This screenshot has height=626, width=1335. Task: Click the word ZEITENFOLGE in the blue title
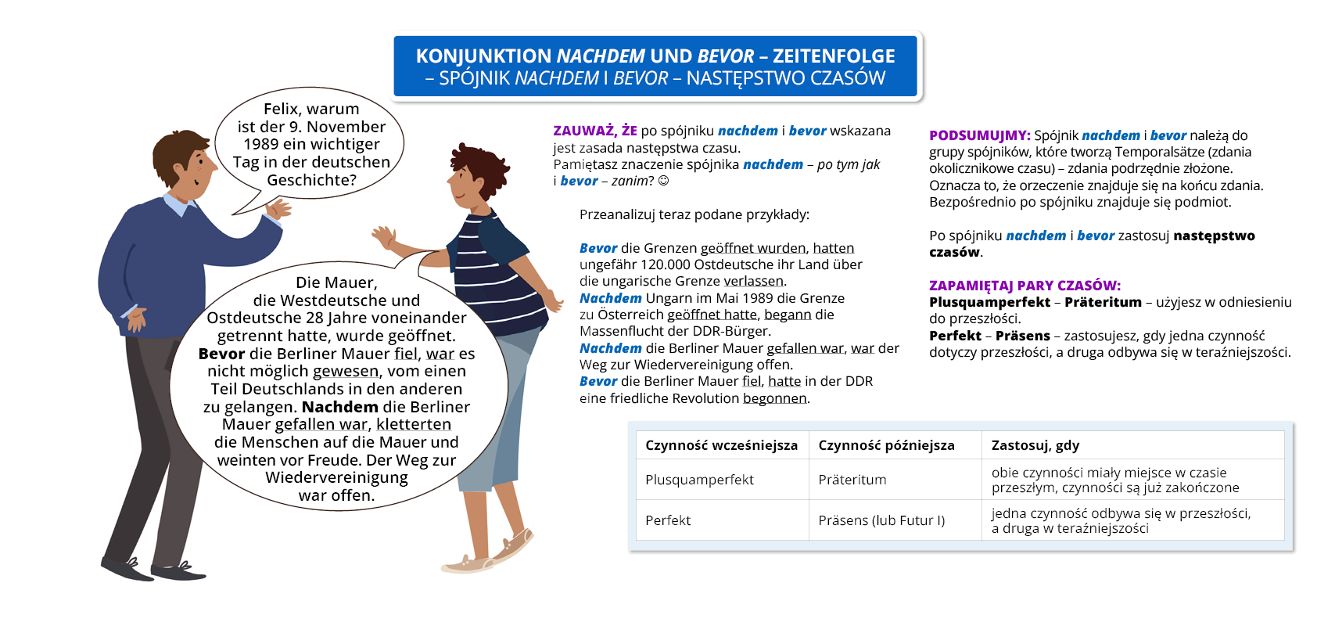coord(834,56)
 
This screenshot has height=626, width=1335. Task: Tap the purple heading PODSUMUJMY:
coord(979,135)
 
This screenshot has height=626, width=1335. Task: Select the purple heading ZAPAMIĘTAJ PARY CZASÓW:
coord(1025,286)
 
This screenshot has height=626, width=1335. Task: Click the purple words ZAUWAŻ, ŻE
coord(594,131)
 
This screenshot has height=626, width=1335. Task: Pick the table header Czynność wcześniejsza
coord(721,445)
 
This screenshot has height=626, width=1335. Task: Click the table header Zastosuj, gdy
coord(1035,445)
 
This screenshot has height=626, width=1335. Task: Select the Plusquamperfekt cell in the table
coord(699,480)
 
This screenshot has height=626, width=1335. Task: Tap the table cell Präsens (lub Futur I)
coord(881,520)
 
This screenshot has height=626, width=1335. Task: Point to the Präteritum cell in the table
coord(852,480)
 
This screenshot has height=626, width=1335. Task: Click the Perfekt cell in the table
coord(668,520)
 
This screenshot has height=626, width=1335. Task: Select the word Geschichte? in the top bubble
coord(311,180)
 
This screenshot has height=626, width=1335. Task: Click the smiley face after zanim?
coord(663,181)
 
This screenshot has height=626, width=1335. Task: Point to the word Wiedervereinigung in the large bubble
coord(336,477)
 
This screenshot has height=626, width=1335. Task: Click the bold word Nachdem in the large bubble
coord(339,407)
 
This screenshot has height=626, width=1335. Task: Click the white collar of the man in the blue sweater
coord(178,204)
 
